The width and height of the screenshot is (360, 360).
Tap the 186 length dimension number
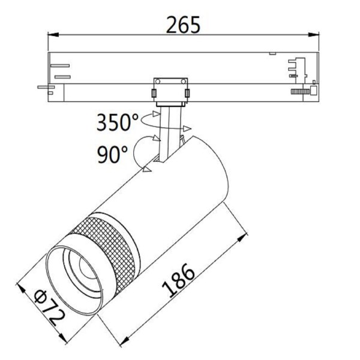tap(180, 282)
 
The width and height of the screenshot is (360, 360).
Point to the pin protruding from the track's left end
tap(43, 87)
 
